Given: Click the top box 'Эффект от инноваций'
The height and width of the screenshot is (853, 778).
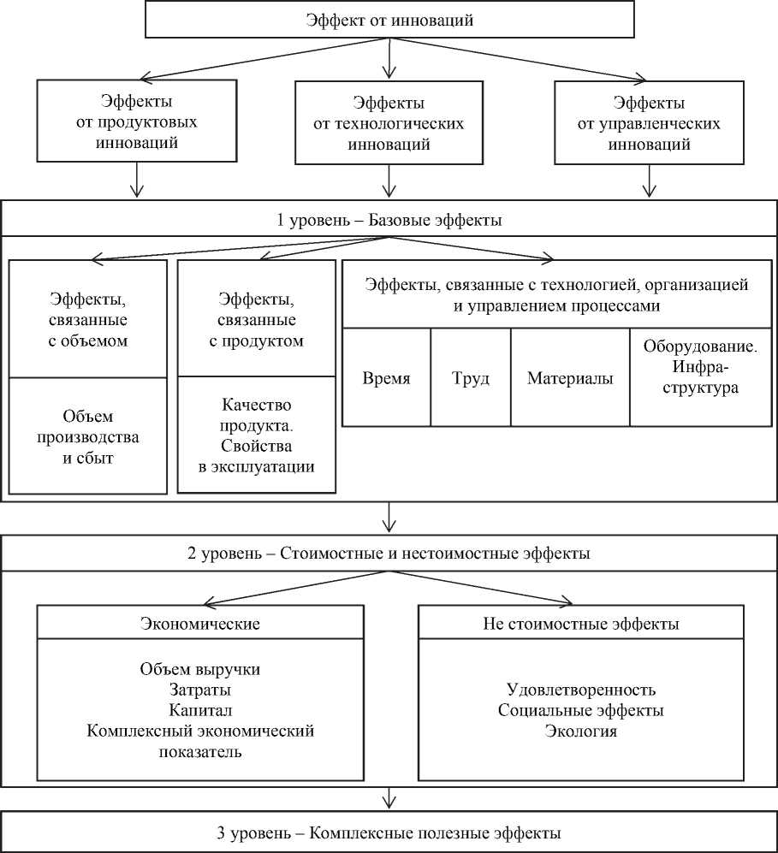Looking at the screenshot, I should pyautogui.click(x=389, y=21).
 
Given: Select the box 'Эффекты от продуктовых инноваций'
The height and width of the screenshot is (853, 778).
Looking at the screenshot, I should pyautogui.click(x=136, y=121).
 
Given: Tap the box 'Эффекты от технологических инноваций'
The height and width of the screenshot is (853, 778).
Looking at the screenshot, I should pyautogui.click(x=389, y=122).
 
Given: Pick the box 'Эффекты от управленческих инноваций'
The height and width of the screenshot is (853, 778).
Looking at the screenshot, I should pyautogui.click(x=649, y=122).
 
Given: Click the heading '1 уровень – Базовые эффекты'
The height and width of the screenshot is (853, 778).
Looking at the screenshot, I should pyautogui.click(x=389, y=220).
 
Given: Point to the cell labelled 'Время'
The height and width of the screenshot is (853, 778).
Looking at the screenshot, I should pyautogui.click(x=386, y=377).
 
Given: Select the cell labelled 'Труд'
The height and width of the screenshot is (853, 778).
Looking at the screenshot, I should pyautogui.click(x=471, y=377).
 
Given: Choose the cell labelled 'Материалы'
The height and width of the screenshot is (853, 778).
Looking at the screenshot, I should pyautogui.click(x=570, y=377).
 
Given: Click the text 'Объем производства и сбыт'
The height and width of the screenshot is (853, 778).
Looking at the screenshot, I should pyautogui.click(x=88, y=436).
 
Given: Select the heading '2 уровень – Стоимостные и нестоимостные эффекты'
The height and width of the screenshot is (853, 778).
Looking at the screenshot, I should pyautogui.click(x=389, y=554).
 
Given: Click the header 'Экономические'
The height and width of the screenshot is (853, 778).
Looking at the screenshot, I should pyautogui.click(x=199, y=624).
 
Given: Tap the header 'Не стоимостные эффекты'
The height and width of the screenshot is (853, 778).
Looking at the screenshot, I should pyautogui.click(x=580, y=624).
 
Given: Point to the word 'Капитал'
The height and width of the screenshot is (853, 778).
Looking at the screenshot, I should pyautogui.click(x=199, y=710).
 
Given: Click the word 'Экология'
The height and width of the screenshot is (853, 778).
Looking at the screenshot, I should pyautogui.click(x=580, y=732).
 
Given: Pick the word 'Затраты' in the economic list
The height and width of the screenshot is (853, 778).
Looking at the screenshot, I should pyautogui.click(x=199, y=690).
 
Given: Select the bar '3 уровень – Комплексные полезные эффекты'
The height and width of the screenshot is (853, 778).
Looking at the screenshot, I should pyautogui.click(x=389, y=832).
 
